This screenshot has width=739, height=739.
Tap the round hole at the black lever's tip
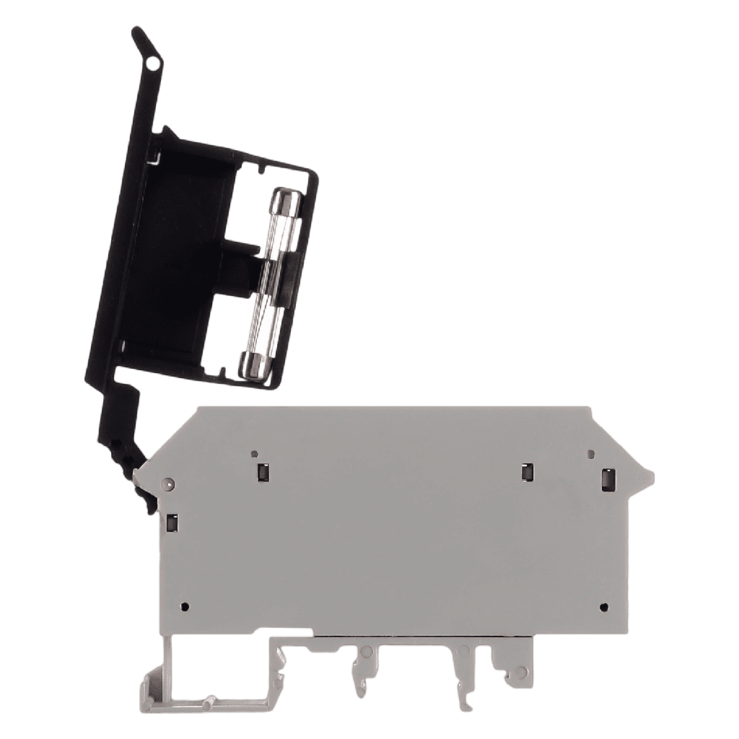pos(151,65)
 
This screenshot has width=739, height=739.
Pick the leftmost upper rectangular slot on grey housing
pos(263,473)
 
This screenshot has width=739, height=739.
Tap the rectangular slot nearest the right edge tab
pos(608,479)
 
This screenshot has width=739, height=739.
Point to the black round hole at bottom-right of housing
pos(604,606)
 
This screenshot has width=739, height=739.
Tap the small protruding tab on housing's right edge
pos(649,478)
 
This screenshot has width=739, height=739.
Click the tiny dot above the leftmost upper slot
pos(254,454)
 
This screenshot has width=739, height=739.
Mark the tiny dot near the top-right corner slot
pos(592,455)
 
